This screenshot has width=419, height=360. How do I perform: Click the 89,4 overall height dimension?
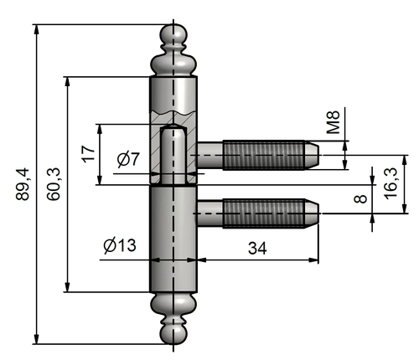[23, 184]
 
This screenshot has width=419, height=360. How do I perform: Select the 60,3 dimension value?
[54, 184]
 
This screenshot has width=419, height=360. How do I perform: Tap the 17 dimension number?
[88, 154]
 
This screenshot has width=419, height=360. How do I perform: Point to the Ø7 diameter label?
[128, 159]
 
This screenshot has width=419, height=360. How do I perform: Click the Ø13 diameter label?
[120, 245]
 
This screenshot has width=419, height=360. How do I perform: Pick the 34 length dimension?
[257, 248]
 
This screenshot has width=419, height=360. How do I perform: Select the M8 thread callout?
[334, 122]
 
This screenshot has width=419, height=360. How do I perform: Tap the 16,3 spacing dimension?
[391, 183]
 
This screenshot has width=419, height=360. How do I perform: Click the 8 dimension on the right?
[360, 198]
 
